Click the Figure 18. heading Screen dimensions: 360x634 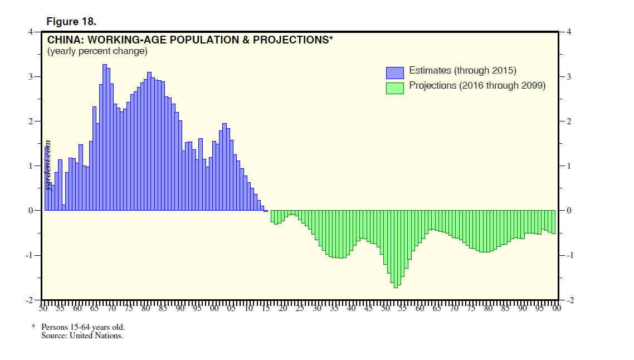tap(71, 22)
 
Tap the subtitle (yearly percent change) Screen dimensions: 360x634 tap(97, 51)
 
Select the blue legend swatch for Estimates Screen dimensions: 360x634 tap(394, 72)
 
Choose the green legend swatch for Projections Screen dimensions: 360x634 tap(394, 87)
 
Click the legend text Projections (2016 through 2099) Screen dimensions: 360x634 tap(477, 86)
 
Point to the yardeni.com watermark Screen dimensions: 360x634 tap(48, 165)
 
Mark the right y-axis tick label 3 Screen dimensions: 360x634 tap(569, 76)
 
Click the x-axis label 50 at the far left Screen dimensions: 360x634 tap(43, 308)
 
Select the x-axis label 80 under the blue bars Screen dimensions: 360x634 tap(145, 308)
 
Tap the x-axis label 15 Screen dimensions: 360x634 tap(265, 308)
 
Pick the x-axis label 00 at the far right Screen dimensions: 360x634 tap(556, 308)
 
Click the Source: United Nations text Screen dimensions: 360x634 tap(82, 335)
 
